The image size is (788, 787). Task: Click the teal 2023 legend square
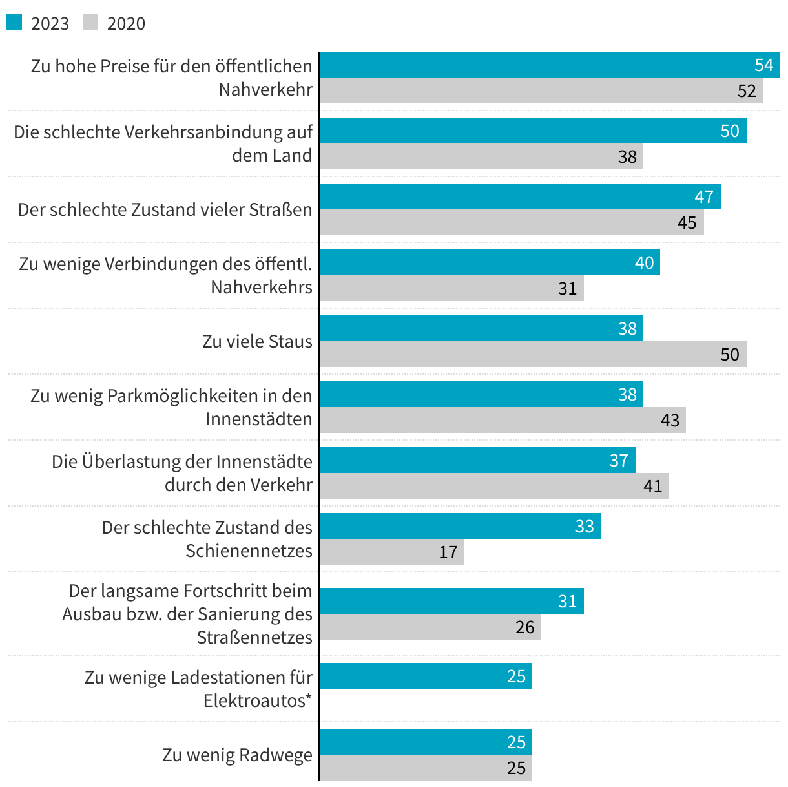point(14,23)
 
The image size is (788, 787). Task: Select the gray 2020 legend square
point(90,23)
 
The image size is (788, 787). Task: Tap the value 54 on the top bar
point(763,65)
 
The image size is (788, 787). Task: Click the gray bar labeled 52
point(541,90)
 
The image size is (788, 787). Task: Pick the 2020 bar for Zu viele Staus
point(533,354)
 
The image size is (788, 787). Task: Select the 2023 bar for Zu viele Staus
point(481,328)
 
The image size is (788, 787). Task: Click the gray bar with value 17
point(391,552)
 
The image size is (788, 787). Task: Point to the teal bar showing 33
point(460,526)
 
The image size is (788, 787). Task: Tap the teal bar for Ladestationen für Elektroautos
point(426,676)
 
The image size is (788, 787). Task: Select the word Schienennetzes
point(249,551)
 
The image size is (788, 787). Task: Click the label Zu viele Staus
point(257,341)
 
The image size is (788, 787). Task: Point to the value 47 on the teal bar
point(704,196)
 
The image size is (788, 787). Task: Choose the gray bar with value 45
point(512,222)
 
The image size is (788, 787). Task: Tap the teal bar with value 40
point(490,262)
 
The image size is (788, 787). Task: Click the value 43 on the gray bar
point(670,421)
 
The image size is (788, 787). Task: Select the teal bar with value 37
point(477,460)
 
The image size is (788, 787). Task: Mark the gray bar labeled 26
point(430,627)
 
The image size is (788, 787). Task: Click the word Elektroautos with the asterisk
point(257,700)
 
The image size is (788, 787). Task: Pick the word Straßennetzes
point(254,637)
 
